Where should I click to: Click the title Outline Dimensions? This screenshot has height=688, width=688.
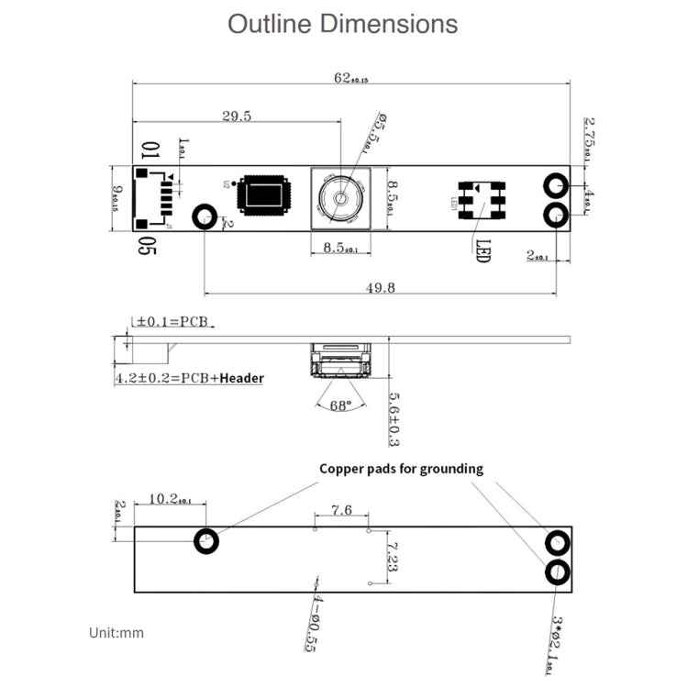coord(343,25)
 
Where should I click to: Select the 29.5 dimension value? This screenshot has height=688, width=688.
coord(237,116)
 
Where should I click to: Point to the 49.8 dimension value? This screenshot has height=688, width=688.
coord(380,287)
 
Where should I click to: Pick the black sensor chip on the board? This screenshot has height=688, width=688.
coord(264,195)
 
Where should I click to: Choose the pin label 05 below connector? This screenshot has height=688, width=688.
coord(146,245)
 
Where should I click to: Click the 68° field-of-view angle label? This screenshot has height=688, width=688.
coord(341,405)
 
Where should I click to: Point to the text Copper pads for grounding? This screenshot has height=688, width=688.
coord(401,469)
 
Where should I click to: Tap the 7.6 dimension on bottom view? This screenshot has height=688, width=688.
coord(341,511)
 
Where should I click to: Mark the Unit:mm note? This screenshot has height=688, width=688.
coord(117,632)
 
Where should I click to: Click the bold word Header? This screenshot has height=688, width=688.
coord(242,378)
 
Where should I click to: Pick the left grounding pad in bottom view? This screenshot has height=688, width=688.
coord(206,541)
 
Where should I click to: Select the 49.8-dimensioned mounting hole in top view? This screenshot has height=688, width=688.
coord(204,216)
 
